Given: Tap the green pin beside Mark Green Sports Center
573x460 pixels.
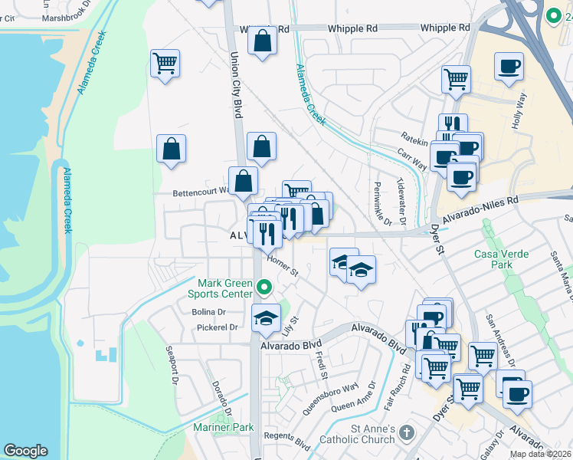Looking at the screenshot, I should pos(264,288).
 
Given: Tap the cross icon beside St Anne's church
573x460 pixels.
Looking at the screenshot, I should pos(406,434).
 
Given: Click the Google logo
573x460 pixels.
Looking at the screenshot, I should pos(25,451).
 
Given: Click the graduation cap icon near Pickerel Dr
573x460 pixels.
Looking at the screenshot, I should pos(266,319).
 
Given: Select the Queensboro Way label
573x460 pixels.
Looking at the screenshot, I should pos(330,398).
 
